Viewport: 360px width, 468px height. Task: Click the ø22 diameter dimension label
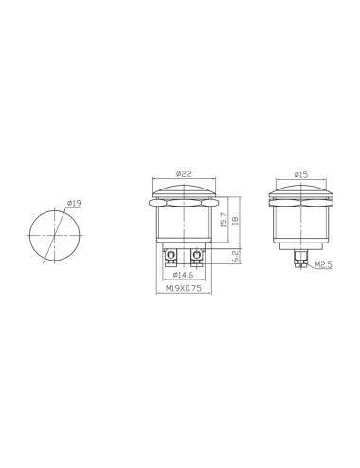pyautogui.click(x=185, y=174)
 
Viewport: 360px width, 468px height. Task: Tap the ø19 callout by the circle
pyautogui.click(x=73, y=201)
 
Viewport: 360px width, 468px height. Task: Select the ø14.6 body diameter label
pyautogui.click(x=185, y=275)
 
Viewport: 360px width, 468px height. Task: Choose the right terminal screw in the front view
pyautogui.click(x=198, y=256)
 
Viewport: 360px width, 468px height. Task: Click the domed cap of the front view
pyautogui.click(x=186, y=192)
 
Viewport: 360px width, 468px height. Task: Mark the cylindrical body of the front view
pyautogui.click(x=186, y=227)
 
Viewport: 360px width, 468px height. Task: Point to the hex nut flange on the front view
pyautogui.click(x=186, y=204)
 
